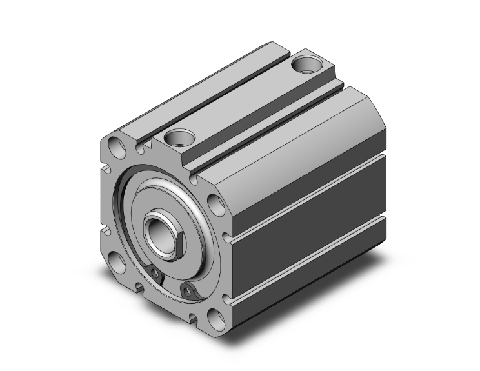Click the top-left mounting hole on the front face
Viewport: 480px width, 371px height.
pyautogui.click(x=115, y=145)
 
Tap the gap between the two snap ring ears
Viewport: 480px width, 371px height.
pyautogui.click(x=171, y=285)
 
